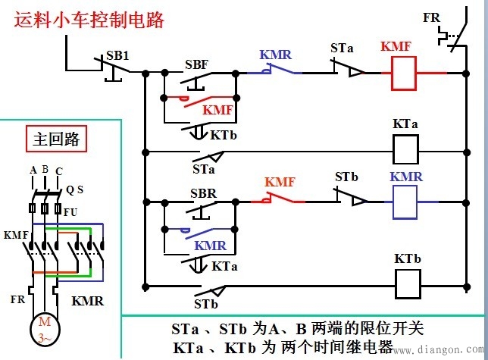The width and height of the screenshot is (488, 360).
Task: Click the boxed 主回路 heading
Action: (57, 140)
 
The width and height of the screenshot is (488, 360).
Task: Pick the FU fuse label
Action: (70, 211)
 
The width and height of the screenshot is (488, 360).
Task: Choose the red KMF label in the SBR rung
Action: (280, 182)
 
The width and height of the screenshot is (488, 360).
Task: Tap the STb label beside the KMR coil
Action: (346, 177)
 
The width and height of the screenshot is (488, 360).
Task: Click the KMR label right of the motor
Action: (87, 300)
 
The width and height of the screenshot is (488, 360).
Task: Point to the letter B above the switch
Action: (45, 169)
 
